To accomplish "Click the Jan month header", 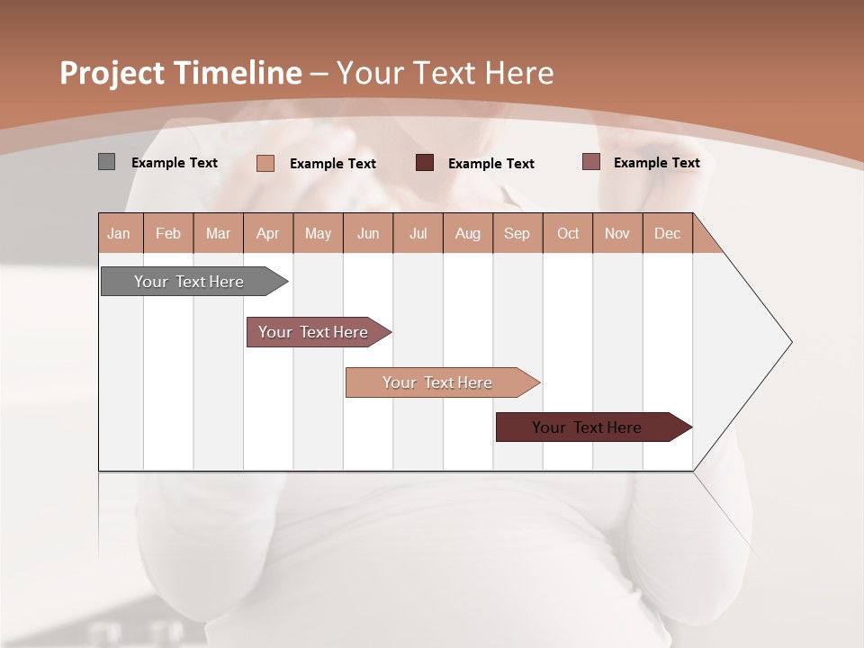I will [x=120, y=233].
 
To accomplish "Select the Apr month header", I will [x=268, y=233].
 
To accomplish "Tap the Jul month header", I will [x=418, y=233].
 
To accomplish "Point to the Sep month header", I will [x=517, y=233].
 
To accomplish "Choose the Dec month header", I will [x=667, y=233].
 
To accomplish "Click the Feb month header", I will [x=168, y=233].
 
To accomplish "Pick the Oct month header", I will [x=568, y=233].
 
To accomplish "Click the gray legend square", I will [x=106, y=162].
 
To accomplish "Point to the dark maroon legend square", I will [x=425, y=162].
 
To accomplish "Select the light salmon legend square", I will [x=265, y=163].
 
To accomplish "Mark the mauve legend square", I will [x=591, y=162].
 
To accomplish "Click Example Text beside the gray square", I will [x=175, y=163].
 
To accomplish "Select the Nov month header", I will [x=617, y=233].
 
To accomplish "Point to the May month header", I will [x=318, y=233].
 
